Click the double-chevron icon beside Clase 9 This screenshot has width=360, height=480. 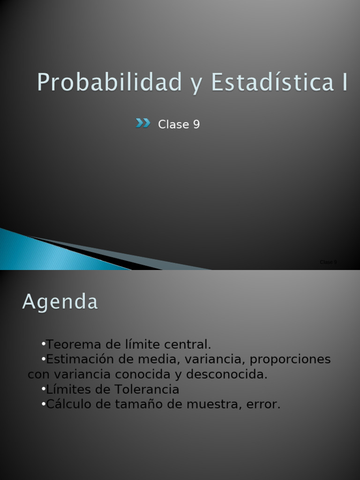point(143,123)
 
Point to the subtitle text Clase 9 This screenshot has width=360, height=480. point(179,125)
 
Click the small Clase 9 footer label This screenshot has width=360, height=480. point(328,262)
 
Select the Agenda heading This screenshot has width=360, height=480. point(60,302)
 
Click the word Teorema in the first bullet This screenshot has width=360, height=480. point(74,345)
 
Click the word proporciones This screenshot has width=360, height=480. point(290,360)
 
